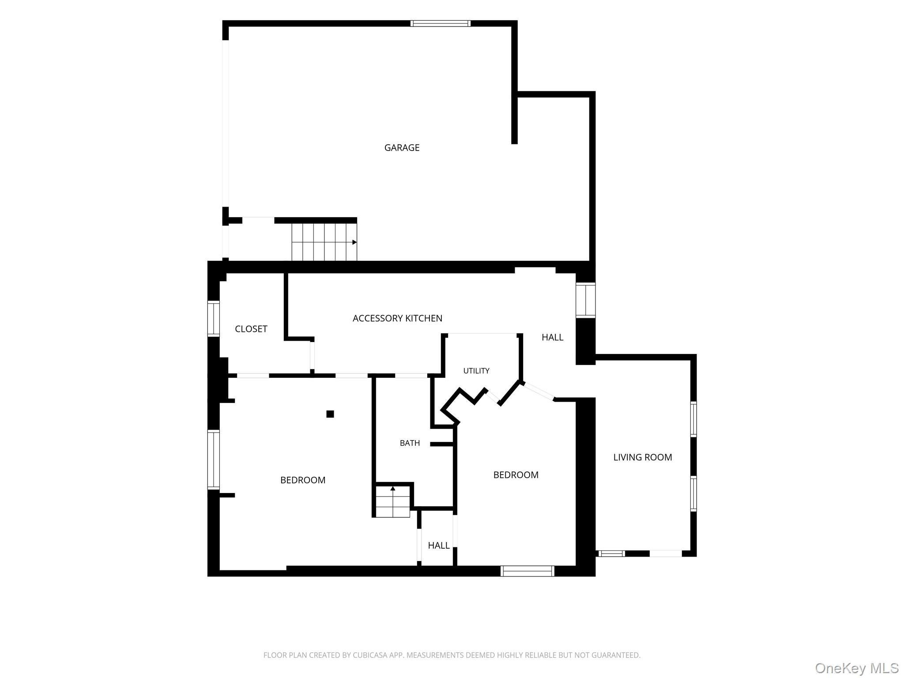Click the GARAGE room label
[x=402, y=148]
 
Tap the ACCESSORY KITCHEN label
[x=397, y=318]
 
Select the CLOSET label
[x=251, y=329]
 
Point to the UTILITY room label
[x=476, y=371]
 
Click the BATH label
[x=410, y=443]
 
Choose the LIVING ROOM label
[x=643, y=457]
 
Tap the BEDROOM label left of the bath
[x=303, y=480]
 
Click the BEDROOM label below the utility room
[x=516, y=475]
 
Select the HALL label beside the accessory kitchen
[x=553, y=337]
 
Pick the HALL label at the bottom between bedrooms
[x=439, y=546]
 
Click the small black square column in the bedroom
[x=330, y=414]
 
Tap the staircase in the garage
[x=324, y=242]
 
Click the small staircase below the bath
[x=392, y=501]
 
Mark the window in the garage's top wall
[x=440, y=23]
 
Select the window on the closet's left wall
[x=214, y=318]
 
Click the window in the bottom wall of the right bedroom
[x=527, y=571]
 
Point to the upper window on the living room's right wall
[x=693, y=419]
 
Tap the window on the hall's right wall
[x=586, y=300]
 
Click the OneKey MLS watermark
[x=857, y=668]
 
